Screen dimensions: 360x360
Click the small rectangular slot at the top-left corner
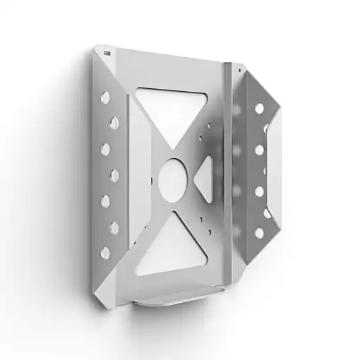(x=107, y=53)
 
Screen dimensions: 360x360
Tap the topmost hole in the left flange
(x=105, y=97)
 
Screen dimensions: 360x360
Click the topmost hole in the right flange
(x=259, y=108)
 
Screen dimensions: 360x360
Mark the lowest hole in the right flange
(x=259, y=232)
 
